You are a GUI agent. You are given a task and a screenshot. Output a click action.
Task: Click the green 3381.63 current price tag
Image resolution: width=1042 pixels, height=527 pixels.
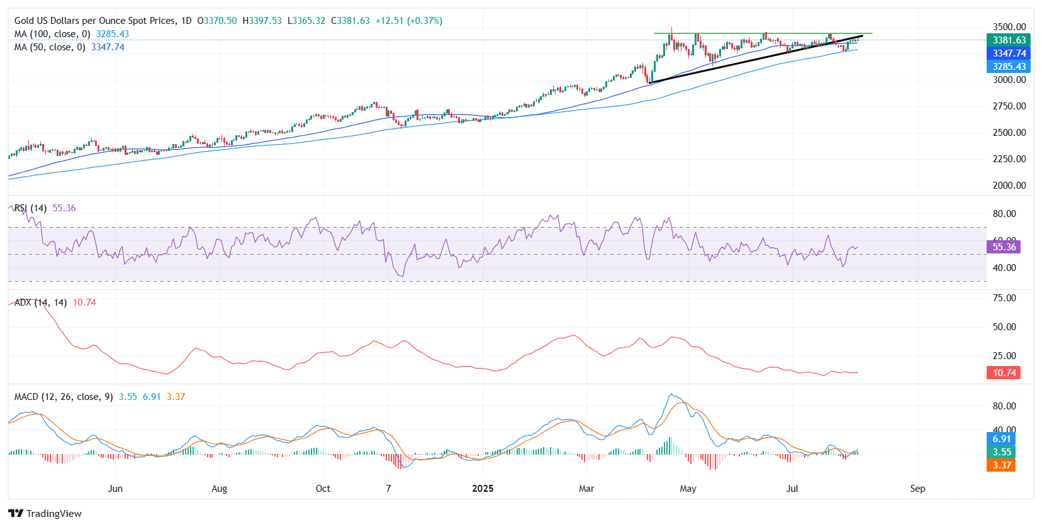click(x=1009, y=40)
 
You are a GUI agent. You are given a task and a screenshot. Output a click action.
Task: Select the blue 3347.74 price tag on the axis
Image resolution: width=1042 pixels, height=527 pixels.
click(x=1009, y=53)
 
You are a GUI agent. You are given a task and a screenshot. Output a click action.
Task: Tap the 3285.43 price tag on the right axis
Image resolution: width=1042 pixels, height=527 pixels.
click(x=1009, y=67)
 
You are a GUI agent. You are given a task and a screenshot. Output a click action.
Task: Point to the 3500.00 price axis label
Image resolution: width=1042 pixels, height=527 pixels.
click(x=1009, y=27)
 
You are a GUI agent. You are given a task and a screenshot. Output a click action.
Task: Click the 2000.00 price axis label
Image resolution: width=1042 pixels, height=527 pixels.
click(x=1009, y=186)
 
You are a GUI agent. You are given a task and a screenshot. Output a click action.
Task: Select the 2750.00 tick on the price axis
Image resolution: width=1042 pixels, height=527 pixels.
click(x=1009, y=106)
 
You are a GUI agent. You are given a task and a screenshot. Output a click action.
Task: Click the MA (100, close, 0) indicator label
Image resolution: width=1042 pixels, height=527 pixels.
click(x=52, y=34)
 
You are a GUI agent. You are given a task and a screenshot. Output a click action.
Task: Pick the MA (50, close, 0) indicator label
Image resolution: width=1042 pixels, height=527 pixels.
click(x=50, y=47)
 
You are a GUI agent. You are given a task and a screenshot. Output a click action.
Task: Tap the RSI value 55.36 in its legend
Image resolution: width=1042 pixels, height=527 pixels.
click(x=64, y=208)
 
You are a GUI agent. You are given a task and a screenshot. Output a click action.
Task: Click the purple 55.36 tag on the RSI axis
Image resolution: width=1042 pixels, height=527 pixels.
click(x=1004, y=247)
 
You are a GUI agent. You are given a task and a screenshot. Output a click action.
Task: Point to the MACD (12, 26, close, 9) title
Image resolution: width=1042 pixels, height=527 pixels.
click(x=64, y=397)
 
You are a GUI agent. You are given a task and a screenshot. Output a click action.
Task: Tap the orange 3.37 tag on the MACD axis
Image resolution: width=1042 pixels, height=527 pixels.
click(x=1001, y=465)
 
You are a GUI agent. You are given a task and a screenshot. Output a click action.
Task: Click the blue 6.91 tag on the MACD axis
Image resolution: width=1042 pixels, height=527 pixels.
click(x=1001, y=439)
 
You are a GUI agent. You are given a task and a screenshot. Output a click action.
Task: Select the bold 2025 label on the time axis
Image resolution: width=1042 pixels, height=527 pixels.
click(x=483, y=489)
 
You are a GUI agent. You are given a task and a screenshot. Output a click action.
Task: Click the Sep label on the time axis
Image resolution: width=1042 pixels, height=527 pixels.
click(x=917, y=489)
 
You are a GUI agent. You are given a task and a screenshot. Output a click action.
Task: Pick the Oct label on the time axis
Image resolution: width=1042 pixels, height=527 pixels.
click(x=323, y=489)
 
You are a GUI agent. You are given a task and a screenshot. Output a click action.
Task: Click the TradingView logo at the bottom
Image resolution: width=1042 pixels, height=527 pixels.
click(x=45, y=513)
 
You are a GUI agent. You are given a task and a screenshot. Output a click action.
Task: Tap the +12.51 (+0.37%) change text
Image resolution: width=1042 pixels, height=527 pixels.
click(x=408, y=21)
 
